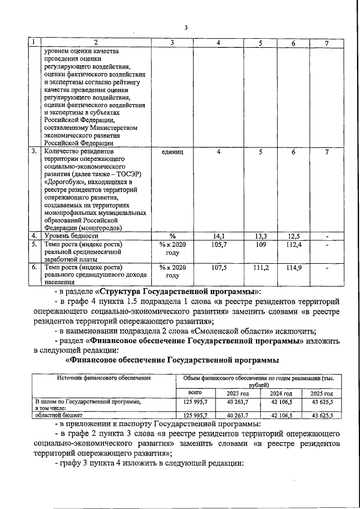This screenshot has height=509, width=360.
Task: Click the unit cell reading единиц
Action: coord(172,151)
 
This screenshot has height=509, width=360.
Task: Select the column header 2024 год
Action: coord(281,393)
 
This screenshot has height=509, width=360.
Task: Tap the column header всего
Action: coord(194,393)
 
